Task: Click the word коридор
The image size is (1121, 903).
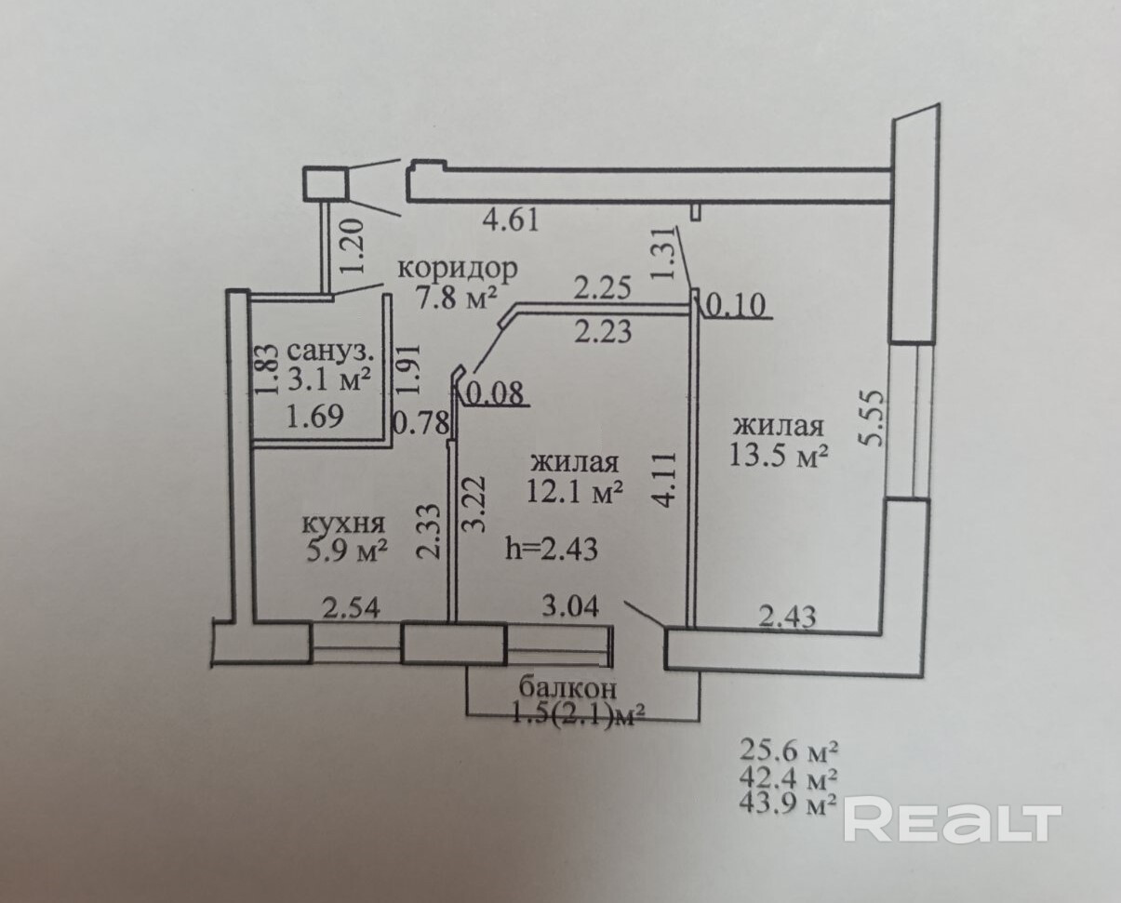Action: (x=458, y=269)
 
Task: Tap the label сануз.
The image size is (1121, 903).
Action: (x=332, y=352)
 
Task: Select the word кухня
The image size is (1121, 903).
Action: (x=343, y=523)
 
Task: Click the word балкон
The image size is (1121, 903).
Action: (x=567, y=689)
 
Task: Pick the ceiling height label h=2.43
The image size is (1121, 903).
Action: (x=551, y=549)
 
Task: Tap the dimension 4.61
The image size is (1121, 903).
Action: (x=511, y=220)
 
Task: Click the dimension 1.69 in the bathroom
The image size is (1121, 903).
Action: (x=315, y=417)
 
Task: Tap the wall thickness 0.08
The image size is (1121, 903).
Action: (x=496, y=394)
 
